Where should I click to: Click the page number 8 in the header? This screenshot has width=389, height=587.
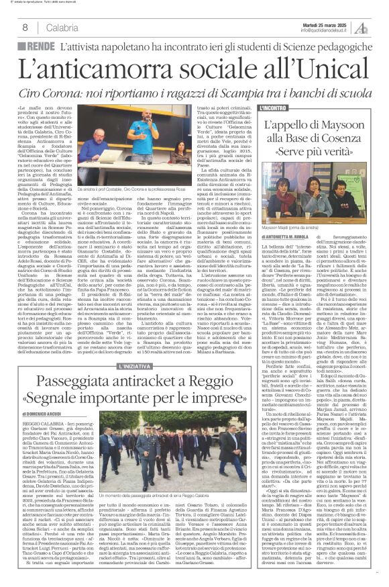[x=25, y=27]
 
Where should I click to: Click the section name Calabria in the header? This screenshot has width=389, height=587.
[x=62, y=27]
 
